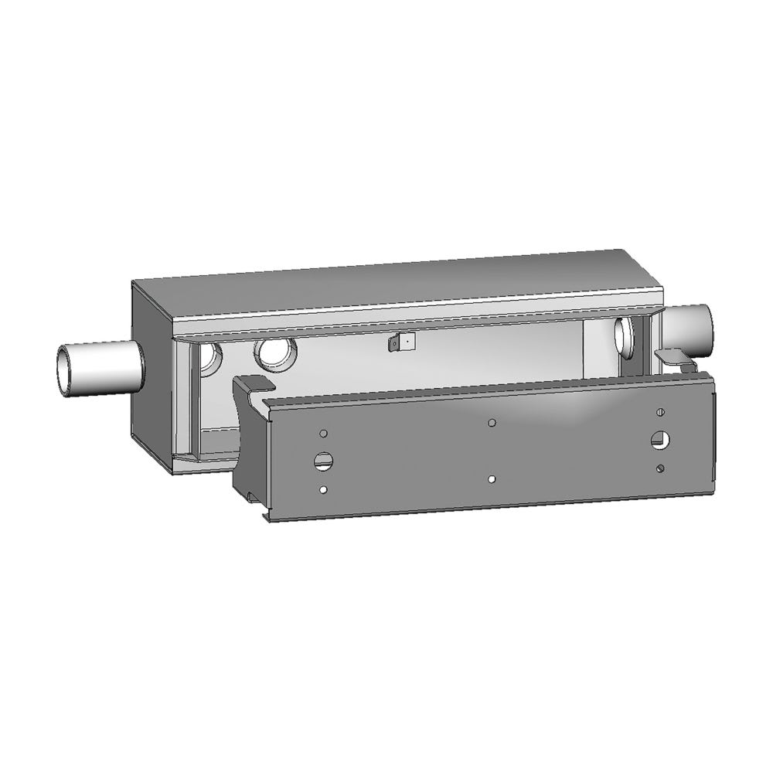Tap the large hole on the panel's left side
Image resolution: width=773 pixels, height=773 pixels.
[x=322, y=461]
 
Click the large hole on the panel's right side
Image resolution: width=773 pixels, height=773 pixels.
[x=660, y=440]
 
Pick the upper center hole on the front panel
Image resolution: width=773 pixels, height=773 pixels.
[x=492, y=423]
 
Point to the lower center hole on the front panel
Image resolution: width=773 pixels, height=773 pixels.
[x=492, y=479]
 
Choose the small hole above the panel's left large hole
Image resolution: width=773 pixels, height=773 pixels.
[x=324, y=434]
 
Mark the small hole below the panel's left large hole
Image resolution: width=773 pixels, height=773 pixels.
[x=323, y=489]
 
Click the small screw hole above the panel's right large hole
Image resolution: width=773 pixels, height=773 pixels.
[x=660, y=411]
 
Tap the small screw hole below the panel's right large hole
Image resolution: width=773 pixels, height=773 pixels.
[x=659, y=468]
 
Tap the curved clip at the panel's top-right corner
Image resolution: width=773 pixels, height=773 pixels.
[x=674, y=357]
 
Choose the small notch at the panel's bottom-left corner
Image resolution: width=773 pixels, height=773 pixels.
[x=267, y=513]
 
